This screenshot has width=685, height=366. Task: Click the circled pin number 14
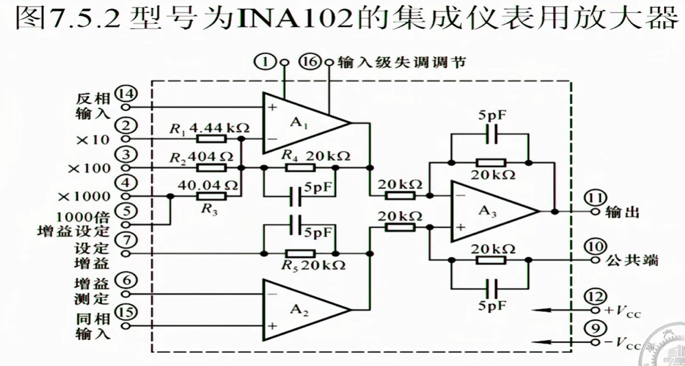(x=125, y=93)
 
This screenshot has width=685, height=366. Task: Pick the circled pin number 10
(x=595, y=246)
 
